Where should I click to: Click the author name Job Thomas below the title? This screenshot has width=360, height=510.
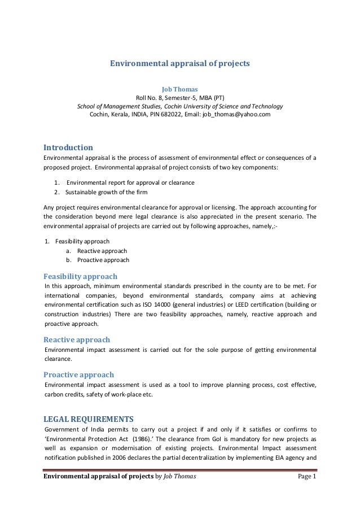tap(179, 89)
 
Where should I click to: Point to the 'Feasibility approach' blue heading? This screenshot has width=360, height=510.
tap(81, 276)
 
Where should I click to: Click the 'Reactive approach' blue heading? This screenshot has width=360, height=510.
tap(77, 339)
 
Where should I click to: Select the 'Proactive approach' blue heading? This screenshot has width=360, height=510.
tap(79, 374)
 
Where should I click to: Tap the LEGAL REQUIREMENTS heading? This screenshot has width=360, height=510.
tap(89, 419)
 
